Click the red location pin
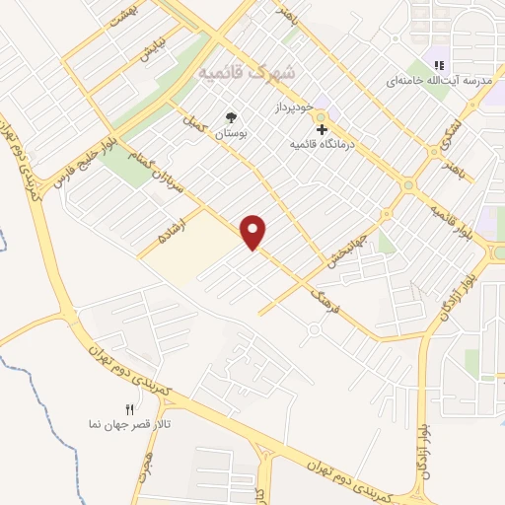coord(254,232)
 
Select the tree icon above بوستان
coord(232,117)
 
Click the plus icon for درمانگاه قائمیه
coord(321,129)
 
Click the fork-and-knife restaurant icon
coord(129,408)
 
